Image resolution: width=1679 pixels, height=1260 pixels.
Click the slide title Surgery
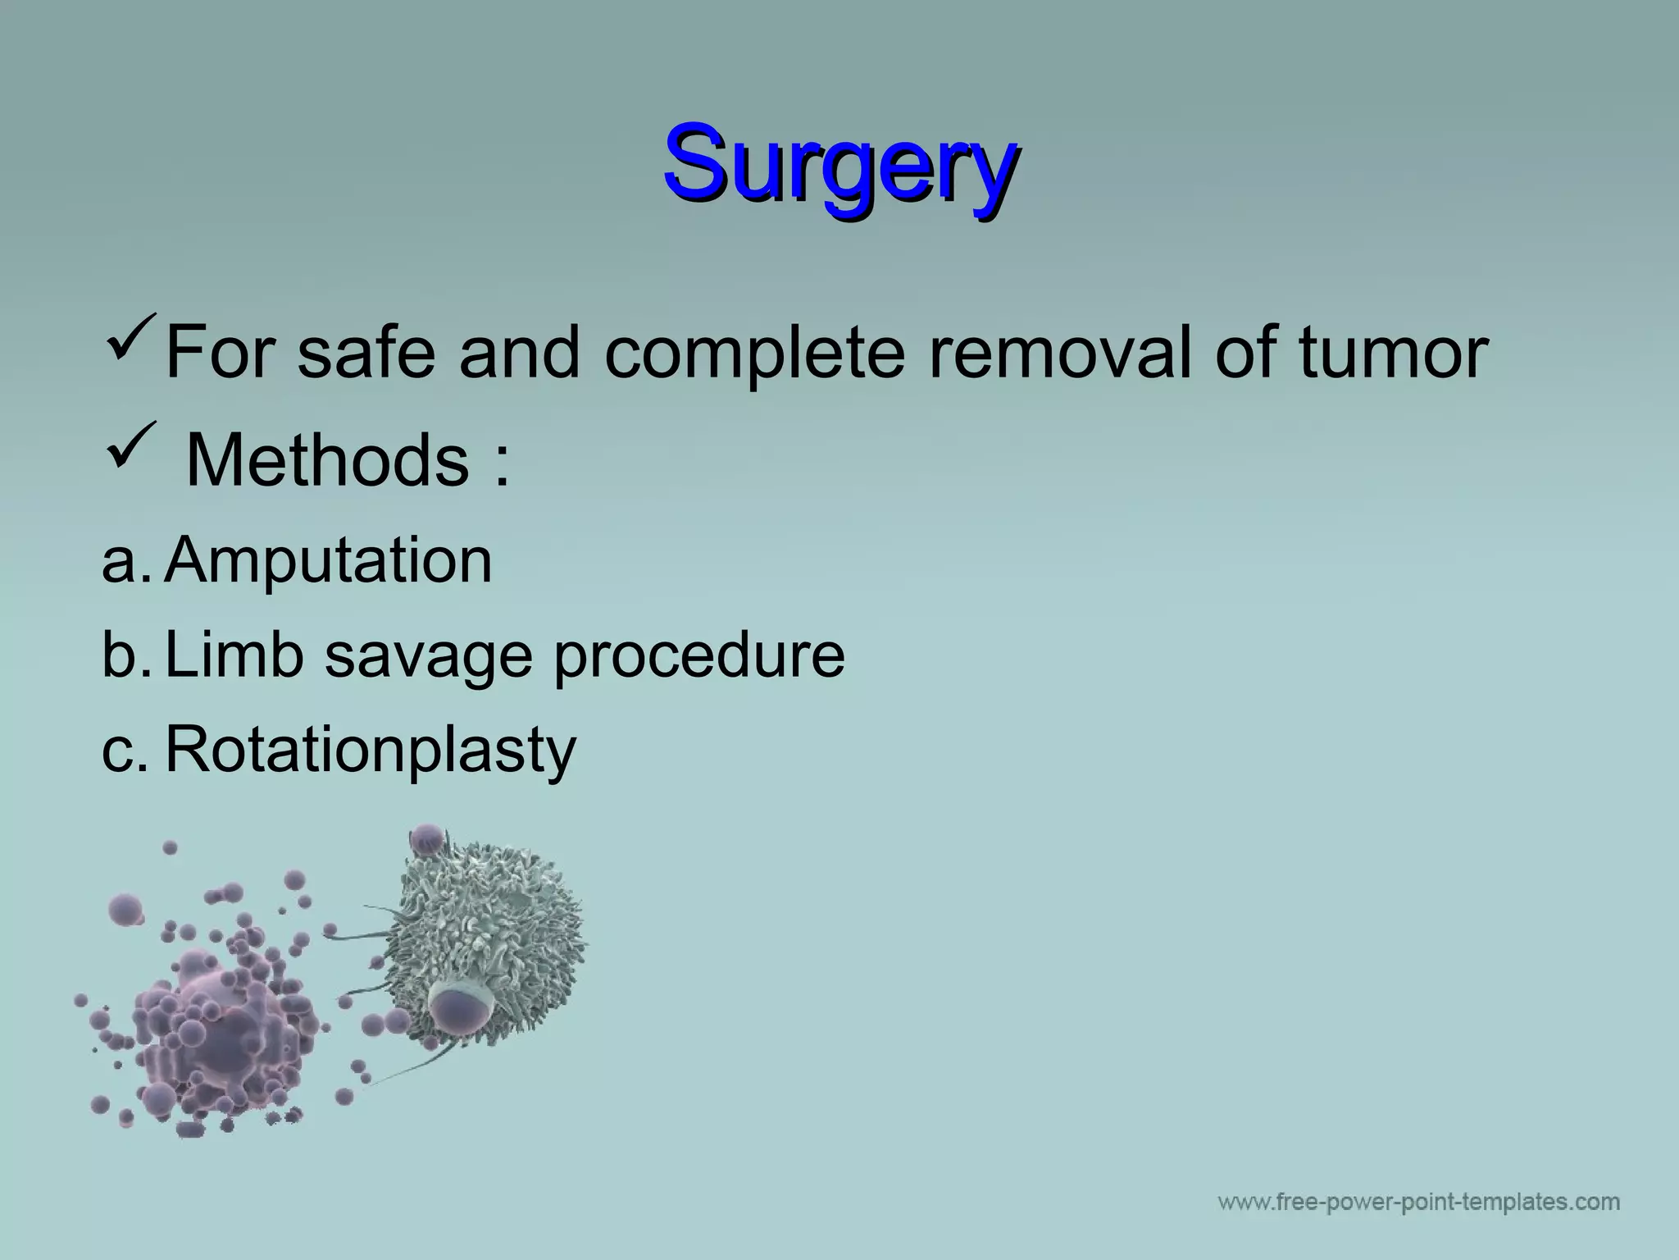coord(841,162)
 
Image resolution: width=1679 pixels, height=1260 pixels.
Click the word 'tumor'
coord(1393,353)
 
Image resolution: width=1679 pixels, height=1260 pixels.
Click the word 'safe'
coord(365,353)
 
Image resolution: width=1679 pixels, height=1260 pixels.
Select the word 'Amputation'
coord(328,561)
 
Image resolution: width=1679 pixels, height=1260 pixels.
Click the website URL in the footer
coord(1418,1203)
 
